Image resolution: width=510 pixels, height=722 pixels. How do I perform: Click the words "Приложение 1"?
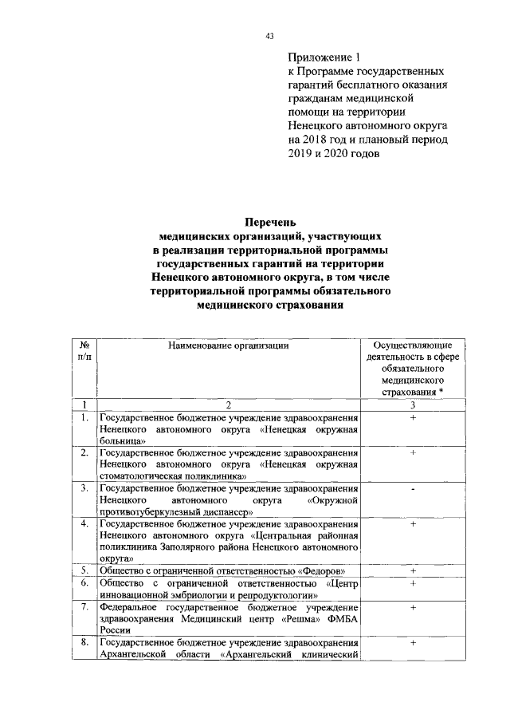[324, 57]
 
